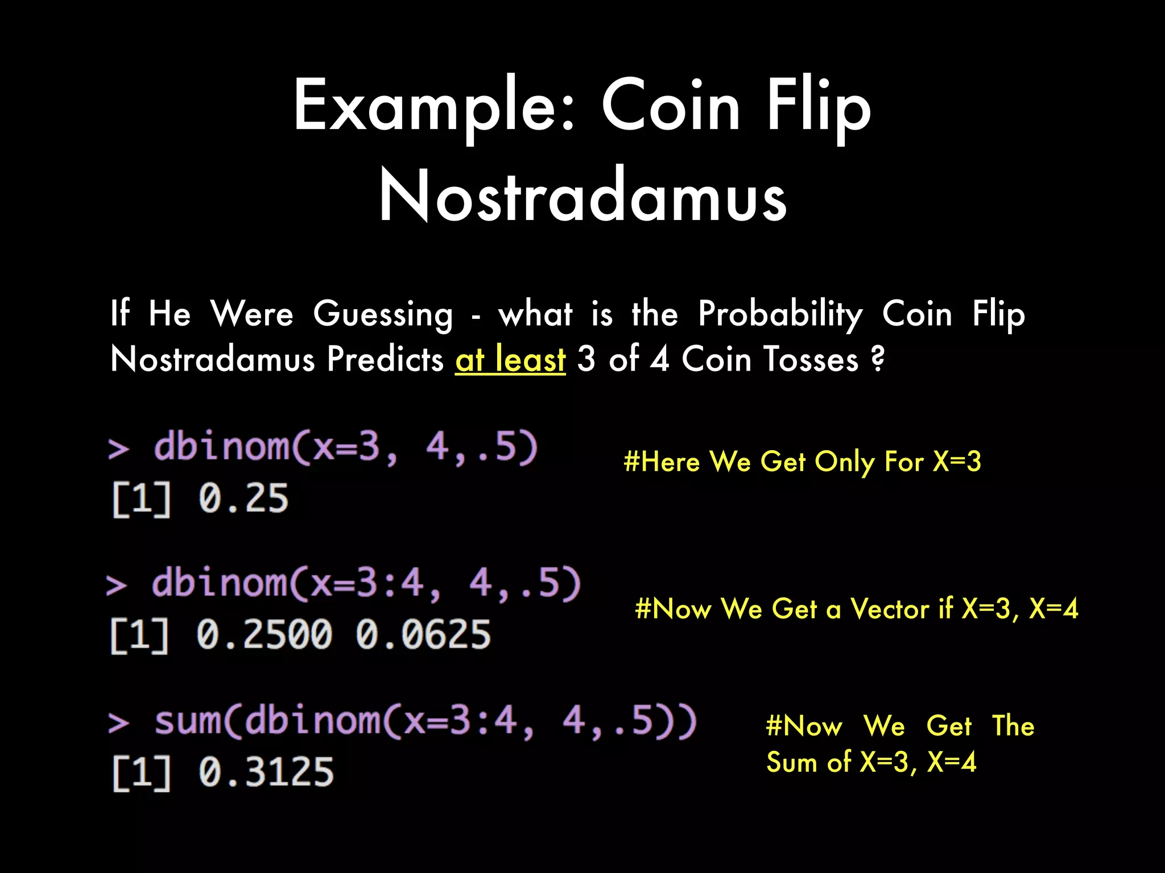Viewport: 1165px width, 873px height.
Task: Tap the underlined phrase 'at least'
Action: pos(510,360)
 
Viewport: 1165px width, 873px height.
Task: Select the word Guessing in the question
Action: pos(383,314)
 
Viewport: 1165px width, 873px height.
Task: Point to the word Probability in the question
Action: pos(780,314)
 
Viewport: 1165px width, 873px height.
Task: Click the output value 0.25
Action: pos(243,498)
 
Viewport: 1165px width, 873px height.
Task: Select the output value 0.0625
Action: pos(423,634)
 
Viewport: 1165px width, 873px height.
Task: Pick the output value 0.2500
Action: pos(264,634)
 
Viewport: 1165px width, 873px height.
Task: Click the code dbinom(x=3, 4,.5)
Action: pos(345,447)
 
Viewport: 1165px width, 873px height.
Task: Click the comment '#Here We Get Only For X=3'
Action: pos(802,462)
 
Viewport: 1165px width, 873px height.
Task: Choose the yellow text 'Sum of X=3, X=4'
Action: pos(871,762)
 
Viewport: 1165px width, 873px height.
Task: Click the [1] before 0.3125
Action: pos(142,772)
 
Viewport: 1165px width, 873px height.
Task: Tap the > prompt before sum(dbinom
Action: pos(118,724)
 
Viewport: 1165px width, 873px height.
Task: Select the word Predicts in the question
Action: pos(385,360)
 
